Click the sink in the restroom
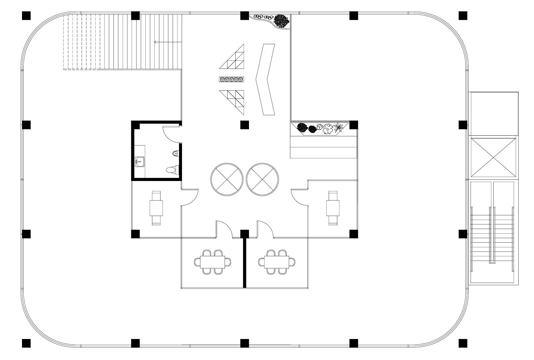point(140,162)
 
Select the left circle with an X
point(226,179)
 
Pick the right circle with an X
point(263,179)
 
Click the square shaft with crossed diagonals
point(494,157)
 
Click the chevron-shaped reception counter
point(265,79)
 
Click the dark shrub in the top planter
point(282,21)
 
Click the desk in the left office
point(156,208)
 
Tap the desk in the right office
point(333,208)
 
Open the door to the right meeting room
point(265,229)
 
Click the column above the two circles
point(244,125)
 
